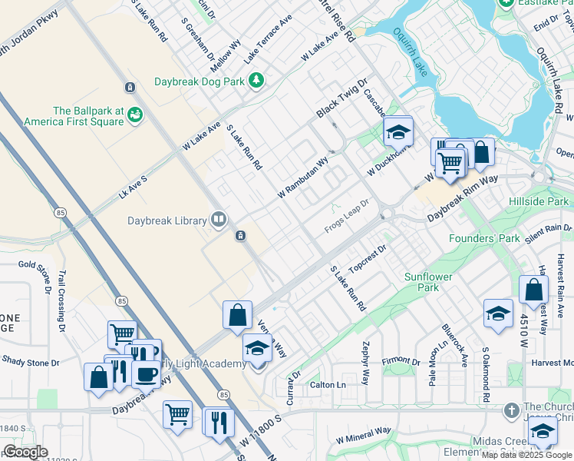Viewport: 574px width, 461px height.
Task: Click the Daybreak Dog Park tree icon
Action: [x=256, y=80]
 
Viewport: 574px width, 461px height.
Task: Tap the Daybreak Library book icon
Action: [x=219, y=221]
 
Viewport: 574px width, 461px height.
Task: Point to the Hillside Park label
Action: [x=538, y=201]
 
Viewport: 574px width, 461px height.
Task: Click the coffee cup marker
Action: [x=146, y=374]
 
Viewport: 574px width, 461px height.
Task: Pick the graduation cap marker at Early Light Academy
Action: [x=258, y=348]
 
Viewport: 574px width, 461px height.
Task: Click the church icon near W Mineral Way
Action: [x=512, y=411]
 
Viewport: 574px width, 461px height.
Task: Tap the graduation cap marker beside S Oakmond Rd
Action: [x=498, y=313]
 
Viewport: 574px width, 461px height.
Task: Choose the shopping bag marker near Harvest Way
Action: [x=533, y=290]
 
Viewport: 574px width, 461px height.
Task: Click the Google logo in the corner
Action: [x=25, y=452]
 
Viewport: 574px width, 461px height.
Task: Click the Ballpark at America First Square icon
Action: [x=136, y=114]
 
